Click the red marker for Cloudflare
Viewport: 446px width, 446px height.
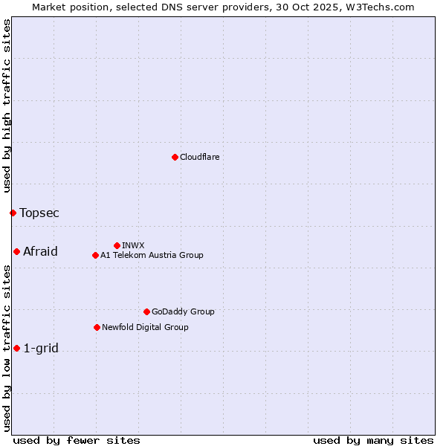[175, 157]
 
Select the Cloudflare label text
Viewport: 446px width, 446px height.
[199, 157]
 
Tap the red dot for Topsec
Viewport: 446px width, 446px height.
[13, 213]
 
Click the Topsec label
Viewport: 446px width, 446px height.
[39, 213]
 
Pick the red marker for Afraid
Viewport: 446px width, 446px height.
[16, 251]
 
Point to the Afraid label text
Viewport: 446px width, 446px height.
[40, 251]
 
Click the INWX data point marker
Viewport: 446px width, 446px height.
[117, 245]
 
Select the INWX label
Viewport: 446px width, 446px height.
[133, 245]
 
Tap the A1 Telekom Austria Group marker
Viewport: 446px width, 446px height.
[95, 255]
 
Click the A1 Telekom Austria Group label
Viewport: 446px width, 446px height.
[152, 255]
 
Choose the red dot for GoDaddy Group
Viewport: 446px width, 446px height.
[146, 311]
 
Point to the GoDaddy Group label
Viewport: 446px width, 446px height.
[182, 311]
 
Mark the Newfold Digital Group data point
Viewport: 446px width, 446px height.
[97, 327]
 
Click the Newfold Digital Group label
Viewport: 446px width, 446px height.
[145, 327]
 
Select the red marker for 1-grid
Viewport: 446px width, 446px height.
[16, 348]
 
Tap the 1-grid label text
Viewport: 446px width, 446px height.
[41, 348]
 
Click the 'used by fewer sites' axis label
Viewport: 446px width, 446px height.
[77, 440]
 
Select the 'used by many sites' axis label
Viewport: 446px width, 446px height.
[373, 440]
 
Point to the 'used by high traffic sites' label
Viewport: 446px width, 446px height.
[7, 106]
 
